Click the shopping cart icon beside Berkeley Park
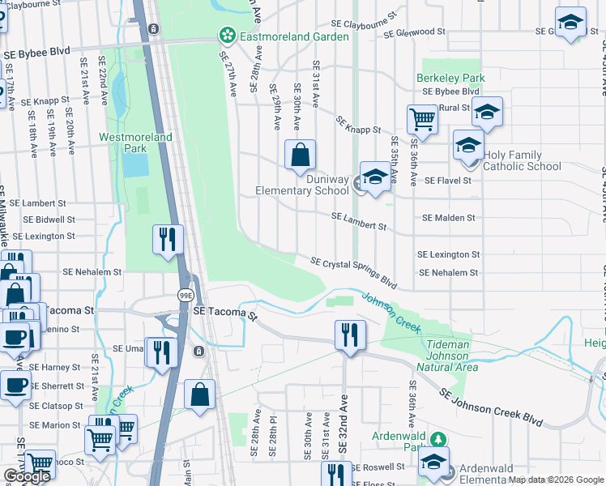point(422,120)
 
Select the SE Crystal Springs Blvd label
point(354,272)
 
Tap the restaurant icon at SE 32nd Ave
point(349,335)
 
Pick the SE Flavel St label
point(447,181)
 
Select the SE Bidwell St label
point(49,220)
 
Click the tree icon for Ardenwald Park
point(438,439)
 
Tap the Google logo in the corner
point(27,476)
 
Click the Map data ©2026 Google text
point(556,480)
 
